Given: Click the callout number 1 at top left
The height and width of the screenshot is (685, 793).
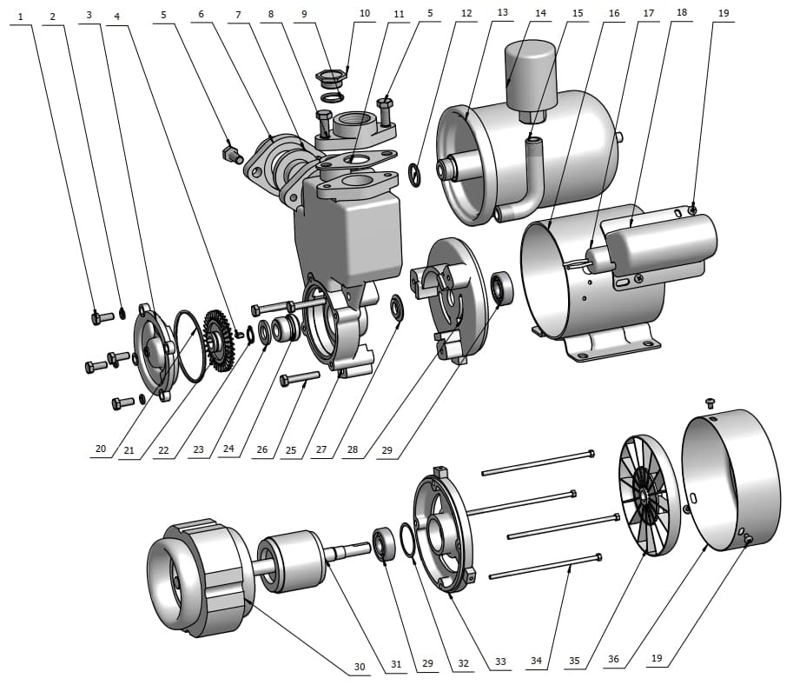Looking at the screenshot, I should tap(21, 16).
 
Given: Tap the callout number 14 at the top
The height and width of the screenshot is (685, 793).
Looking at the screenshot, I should tap(540, 14).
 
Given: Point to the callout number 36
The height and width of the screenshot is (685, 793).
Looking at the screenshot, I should tap(614, 659).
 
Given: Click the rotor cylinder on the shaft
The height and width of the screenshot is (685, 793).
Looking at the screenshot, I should tap(291, 563).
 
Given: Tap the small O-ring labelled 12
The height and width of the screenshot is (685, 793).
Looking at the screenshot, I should tap(415, 176).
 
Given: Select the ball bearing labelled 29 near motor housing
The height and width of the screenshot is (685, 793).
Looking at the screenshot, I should tap(502, 289).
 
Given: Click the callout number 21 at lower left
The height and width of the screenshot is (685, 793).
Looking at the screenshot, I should tap(129, 449).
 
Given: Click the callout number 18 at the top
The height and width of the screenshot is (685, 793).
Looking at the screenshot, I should tap(681, 14).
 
